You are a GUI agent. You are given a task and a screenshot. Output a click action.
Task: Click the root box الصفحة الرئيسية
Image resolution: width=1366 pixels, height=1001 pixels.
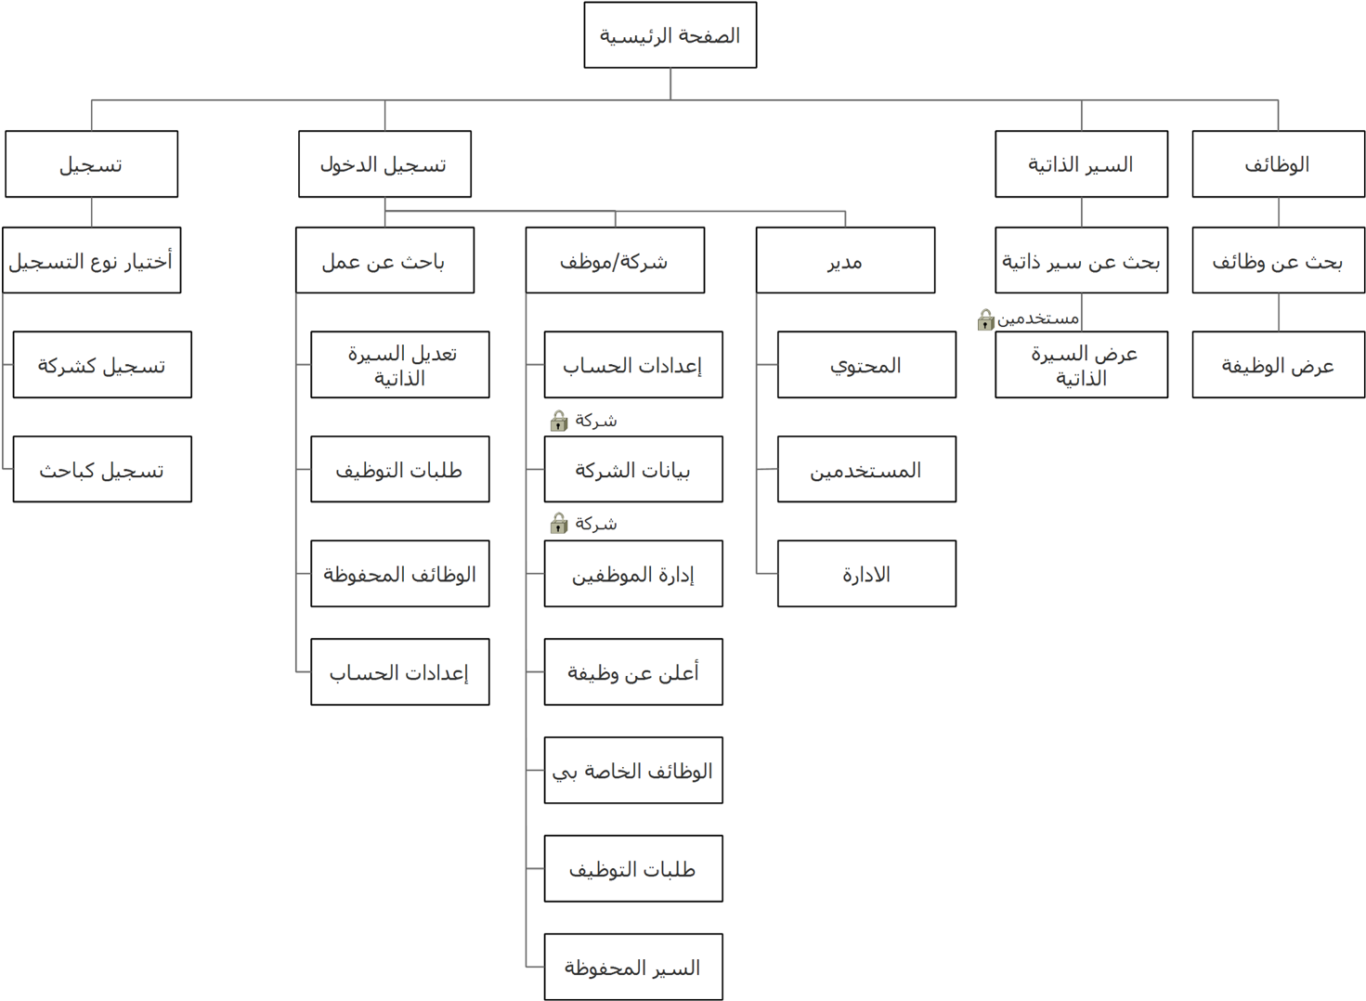click(x=670, y=35)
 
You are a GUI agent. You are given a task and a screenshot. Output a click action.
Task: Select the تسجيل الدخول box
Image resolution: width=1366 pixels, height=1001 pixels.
click(x=384, y=164)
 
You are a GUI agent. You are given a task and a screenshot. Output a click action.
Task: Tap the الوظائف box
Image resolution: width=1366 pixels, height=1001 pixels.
click(x=1278, y=164)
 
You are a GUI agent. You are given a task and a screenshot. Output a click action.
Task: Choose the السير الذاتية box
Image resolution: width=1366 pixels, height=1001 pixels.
click(x=1081, y=164)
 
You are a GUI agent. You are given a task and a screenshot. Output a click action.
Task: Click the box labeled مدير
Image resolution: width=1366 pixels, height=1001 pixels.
click(x=845, y=261)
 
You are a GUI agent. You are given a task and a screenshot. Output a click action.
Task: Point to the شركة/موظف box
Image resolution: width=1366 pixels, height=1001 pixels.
click(x=615, y=261)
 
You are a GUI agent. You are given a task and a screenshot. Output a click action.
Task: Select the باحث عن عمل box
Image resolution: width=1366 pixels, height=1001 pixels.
click(x=384, y=261)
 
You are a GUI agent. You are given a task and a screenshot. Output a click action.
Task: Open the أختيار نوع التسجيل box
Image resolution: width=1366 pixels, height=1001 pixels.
click(x=91, y=261)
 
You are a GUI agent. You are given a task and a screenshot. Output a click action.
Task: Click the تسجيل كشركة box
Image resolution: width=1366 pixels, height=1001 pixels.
click(x=102, y=365)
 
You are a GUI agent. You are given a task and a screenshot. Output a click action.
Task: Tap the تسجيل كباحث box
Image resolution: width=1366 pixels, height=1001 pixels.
click(x=102, y=470)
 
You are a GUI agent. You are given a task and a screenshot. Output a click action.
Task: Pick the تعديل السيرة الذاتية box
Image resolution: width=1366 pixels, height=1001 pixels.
click(x=399, y=365)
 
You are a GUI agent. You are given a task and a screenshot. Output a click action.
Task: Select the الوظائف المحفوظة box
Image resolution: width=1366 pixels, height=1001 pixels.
click(x=399, y=574)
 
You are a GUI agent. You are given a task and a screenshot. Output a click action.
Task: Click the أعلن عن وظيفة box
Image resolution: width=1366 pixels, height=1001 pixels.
click(x=633, y=672)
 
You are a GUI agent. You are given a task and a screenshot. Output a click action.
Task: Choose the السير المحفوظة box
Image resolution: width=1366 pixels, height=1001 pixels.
click(x=633, y=968)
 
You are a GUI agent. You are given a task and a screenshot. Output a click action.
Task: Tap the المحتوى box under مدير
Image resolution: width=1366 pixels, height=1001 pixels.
click(x=866, y=365)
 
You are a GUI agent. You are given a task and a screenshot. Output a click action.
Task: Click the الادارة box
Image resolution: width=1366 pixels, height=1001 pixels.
click(x=866, y=574)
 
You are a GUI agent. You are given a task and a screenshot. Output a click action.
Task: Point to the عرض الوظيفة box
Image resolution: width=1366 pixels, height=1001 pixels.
click(x=1278, y=365)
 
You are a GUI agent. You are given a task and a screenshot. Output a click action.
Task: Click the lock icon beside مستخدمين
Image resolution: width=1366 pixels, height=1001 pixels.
click(x=986, y=320)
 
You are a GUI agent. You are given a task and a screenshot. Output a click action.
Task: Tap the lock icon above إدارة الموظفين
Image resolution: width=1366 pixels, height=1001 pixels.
click(x=559, y=524)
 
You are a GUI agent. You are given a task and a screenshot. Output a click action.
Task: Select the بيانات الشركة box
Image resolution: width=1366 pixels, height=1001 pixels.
click(x=633, y=470)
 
